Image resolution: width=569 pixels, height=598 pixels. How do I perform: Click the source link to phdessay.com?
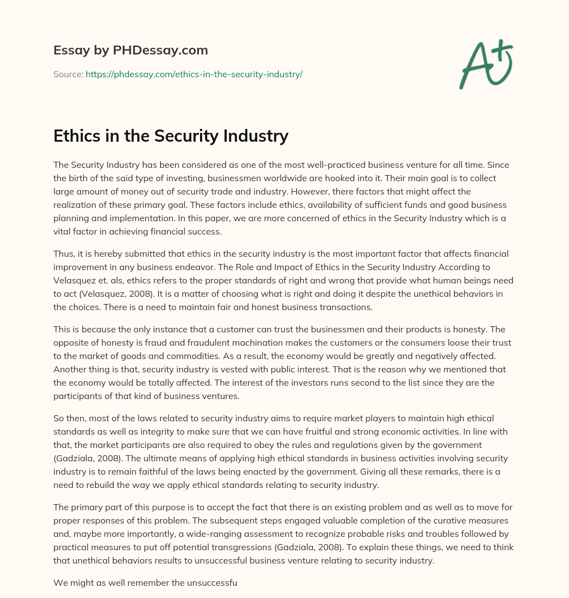[194, 74]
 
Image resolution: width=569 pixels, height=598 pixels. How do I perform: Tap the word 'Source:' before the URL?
[68, 74]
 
